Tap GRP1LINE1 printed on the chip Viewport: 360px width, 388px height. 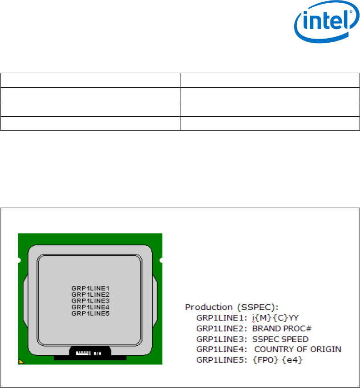90,288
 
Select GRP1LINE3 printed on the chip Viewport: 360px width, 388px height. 90,301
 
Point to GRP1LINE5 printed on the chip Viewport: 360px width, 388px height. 90,313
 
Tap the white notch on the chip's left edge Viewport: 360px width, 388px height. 19,260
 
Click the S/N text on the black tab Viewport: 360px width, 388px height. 97,352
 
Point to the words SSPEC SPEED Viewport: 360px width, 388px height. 280,339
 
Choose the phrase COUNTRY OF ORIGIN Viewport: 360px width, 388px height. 298,349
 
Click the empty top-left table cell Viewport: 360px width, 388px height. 90,80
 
